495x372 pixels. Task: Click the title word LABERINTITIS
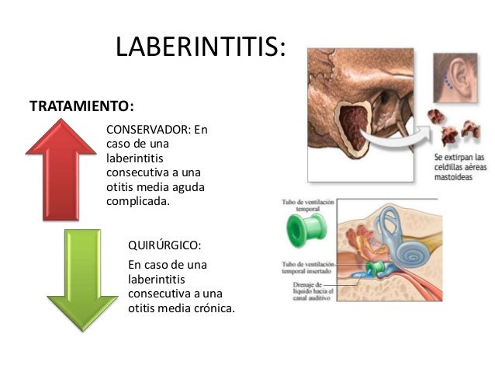coord(200,48)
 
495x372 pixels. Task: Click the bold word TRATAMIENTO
coord(78,104)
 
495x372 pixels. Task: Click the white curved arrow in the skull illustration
coord(396,140)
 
